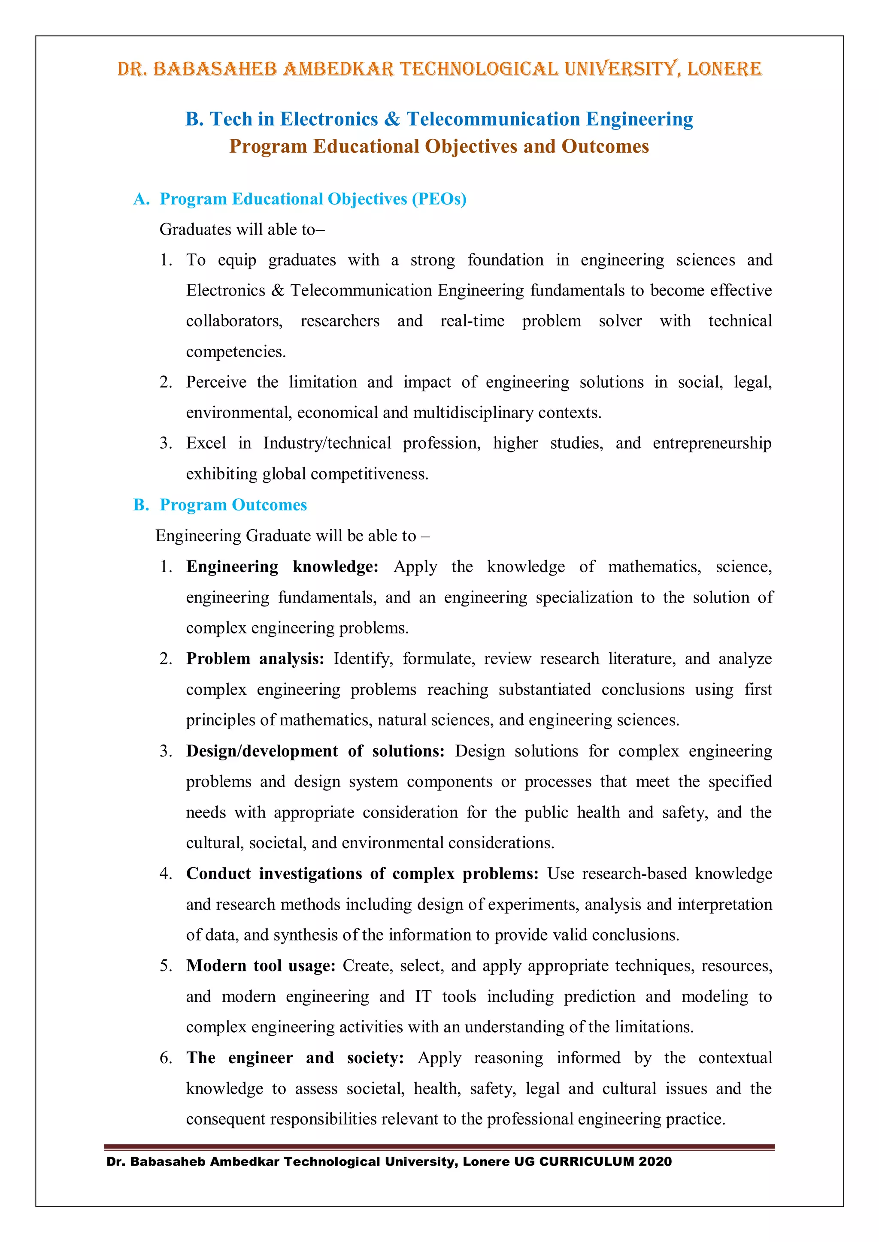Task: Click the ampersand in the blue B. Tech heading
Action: (x=392, y=119)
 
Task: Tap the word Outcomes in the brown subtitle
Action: (x=605, y=147)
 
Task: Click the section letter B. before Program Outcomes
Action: (x=141, y=505)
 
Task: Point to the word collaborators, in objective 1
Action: (x=234, y=321)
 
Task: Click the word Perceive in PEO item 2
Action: (x=216, y=383)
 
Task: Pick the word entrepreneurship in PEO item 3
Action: (x=712, y=443)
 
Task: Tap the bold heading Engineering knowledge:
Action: (x=282, y=567)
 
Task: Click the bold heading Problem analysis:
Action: (x=255, y=659)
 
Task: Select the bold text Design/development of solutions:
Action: (x=315, y=751)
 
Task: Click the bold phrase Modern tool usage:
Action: (x=261, y=966)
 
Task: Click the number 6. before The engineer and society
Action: (x=166, y=1058)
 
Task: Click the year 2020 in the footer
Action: (x=655, y=1162)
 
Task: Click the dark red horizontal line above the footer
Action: (x=439, y=1147)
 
